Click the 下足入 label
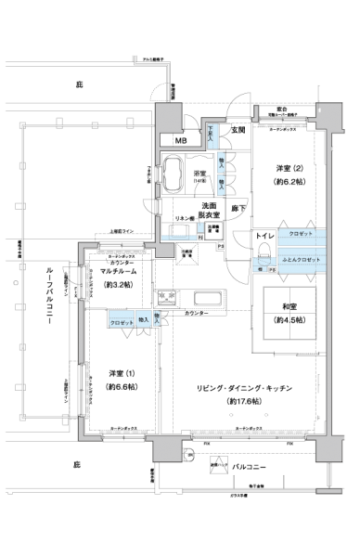point(212,136)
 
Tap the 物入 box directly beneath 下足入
point(222,162)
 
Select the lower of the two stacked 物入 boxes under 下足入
point(222,185)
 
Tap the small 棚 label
point(262,268)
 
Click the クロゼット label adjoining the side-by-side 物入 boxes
point(122,321)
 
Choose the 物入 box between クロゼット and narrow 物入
point(144,319)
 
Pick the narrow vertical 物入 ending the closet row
point(157,318)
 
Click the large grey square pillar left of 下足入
point(169,118)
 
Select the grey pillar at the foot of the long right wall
point(329,449)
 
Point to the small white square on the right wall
point(334,149)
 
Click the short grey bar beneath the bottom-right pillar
point(328,490)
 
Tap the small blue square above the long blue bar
point(200,226)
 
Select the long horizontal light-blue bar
point(178,238)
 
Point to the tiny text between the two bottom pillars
point(218,464)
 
